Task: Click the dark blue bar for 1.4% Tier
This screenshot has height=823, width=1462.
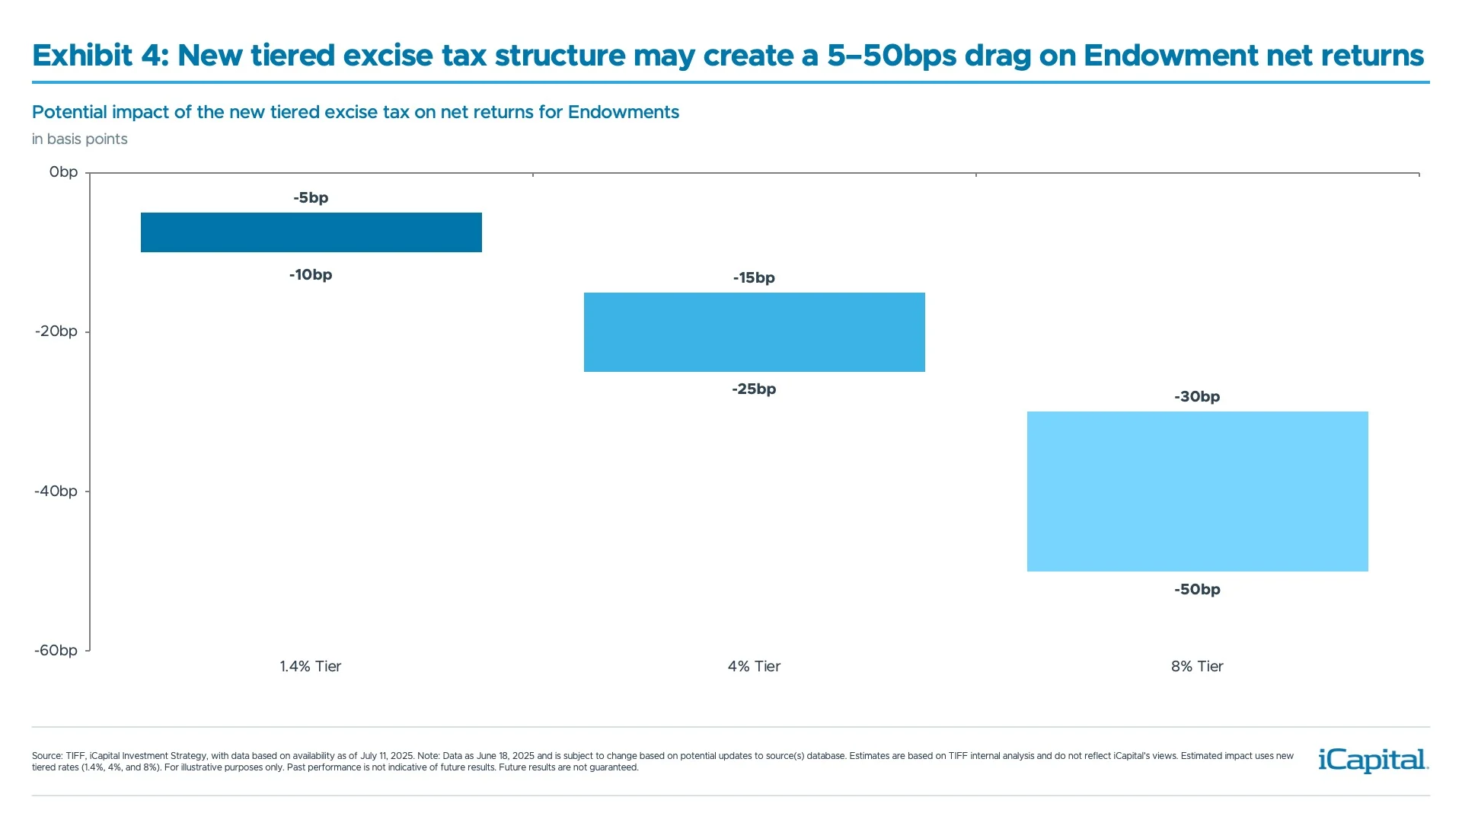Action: [311, 232]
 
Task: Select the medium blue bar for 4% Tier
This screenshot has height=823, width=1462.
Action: [754, 332]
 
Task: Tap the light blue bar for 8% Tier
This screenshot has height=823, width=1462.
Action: [1197, 492]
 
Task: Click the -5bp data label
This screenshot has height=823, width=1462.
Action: [311, 198]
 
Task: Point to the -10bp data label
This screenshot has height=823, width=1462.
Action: [311, 275]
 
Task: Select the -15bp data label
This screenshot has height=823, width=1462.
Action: [754, 278]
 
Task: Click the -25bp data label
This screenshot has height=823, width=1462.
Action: [754, 389]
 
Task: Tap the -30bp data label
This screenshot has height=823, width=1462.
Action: [1197, 397]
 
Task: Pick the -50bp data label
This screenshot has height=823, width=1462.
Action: [1197, 590]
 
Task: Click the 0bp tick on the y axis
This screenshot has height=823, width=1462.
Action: [63, 172]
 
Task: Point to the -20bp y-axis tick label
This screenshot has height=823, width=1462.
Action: [56, 331]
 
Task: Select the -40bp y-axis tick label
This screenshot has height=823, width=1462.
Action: [56, 492]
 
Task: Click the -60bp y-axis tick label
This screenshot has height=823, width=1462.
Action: [56, 651]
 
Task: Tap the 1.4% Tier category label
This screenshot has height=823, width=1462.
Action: [311, 667]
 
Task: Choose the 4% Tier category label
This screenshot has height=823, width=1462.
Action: [754, 667]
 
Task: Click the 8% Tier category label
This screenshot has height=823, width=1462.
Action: [1197, 667]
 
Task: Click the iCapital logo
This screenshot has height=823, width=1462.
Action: [1373, 761]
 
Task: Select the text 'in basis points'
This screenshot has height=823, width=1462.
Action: [80, 139]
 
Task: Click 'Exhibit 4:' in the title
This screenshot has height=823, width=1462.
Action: [100, 56]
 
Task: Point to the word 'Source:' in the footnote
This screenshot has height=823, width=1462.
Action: [47, 756]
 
